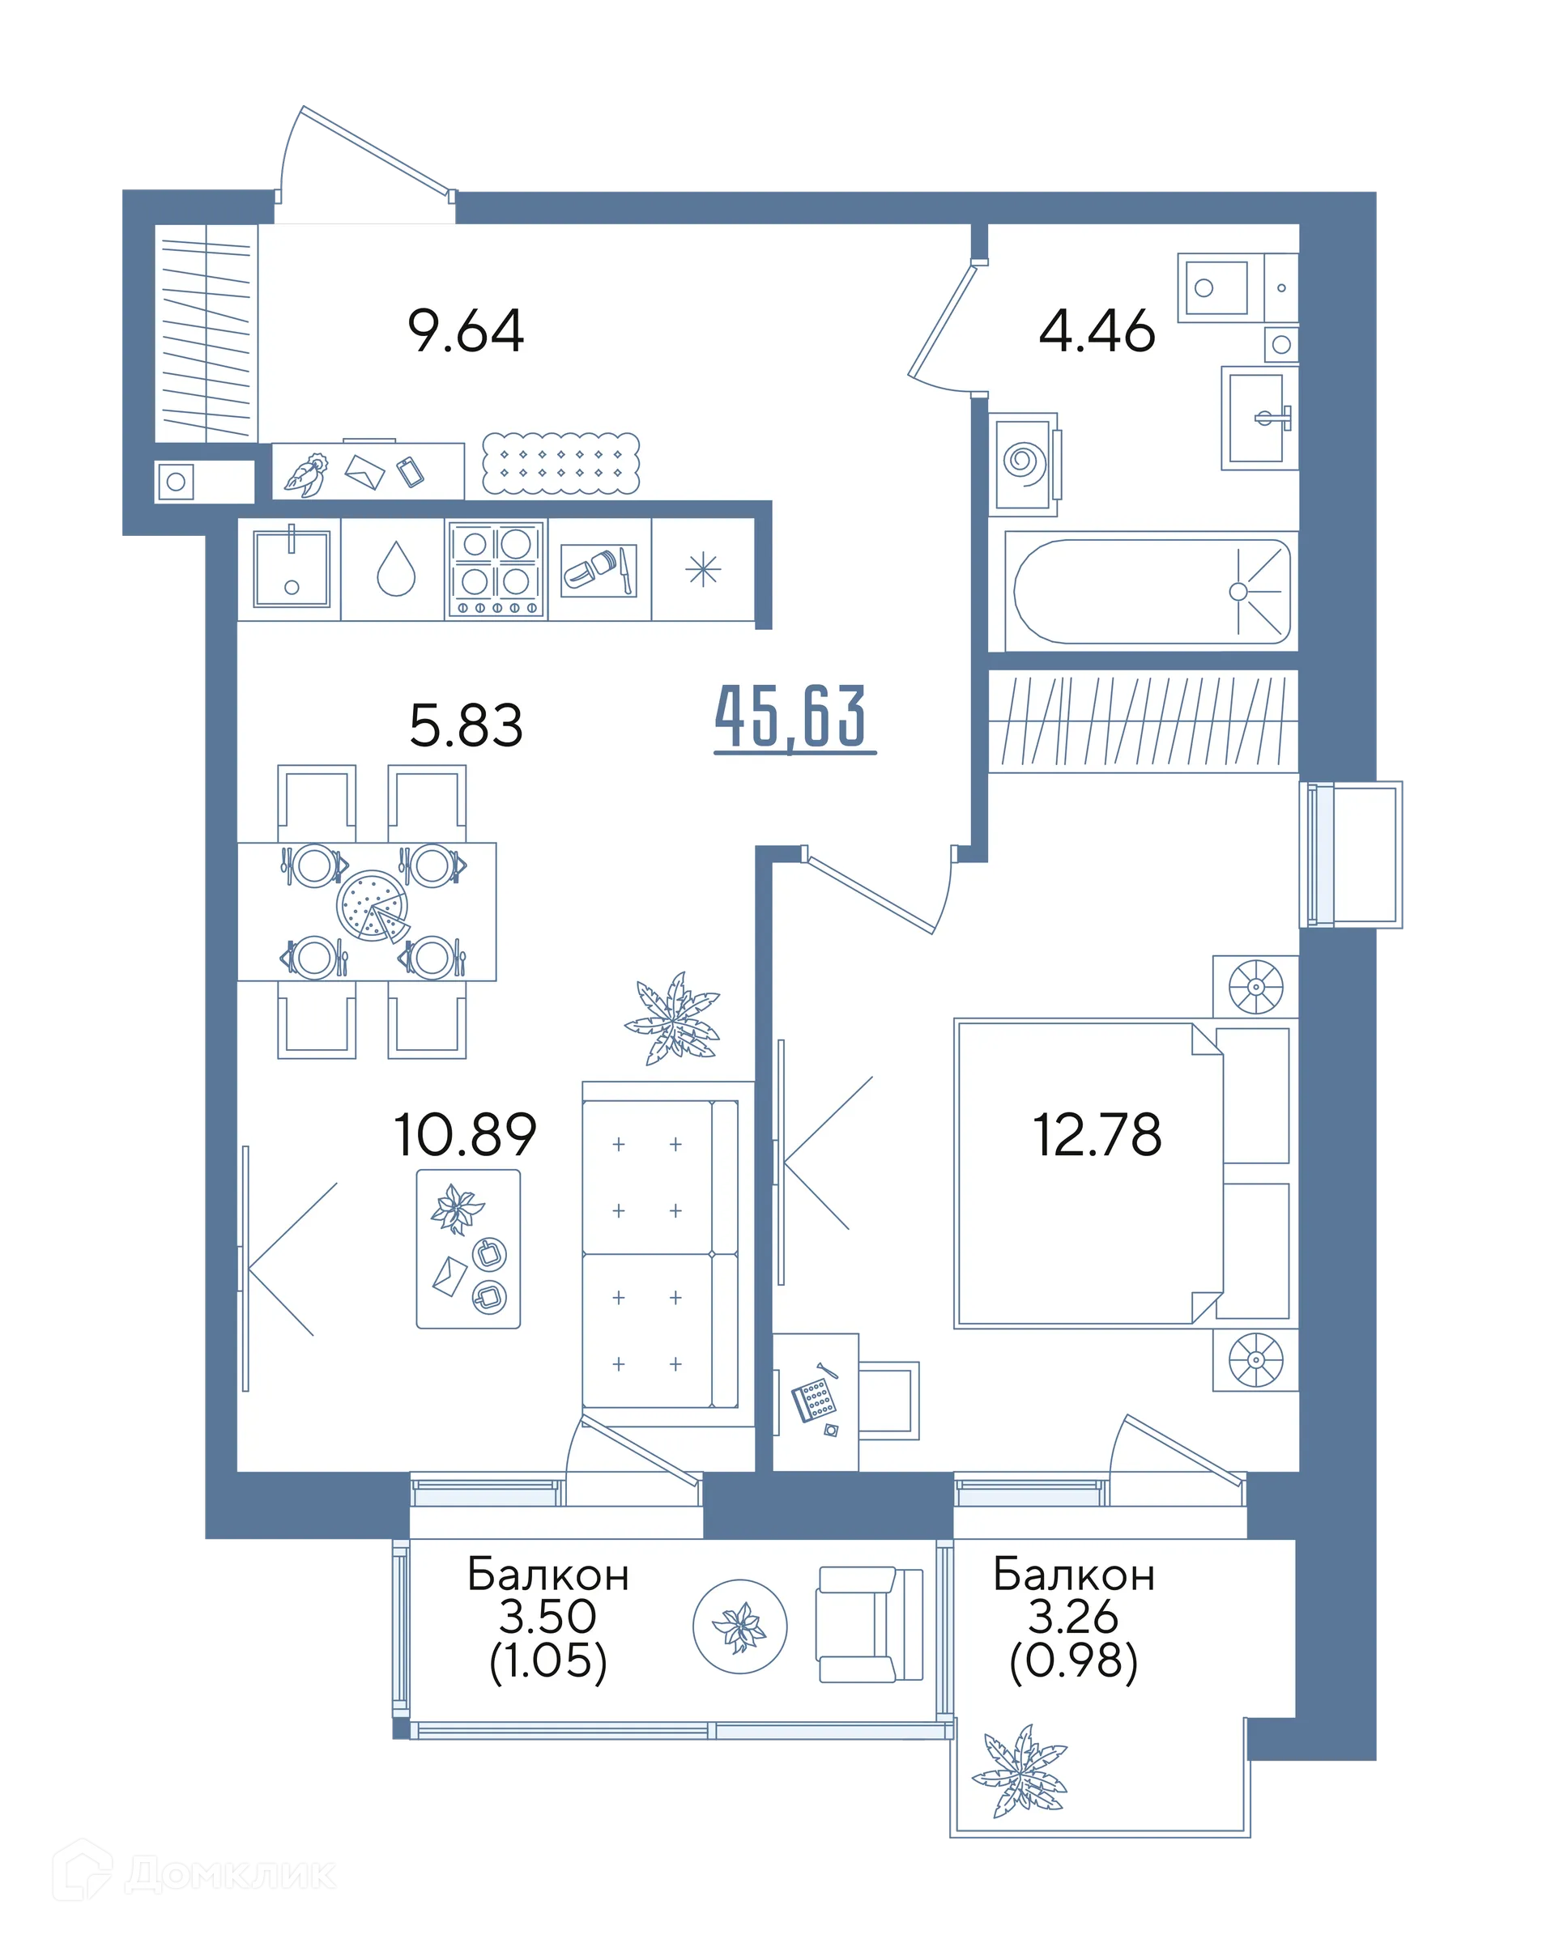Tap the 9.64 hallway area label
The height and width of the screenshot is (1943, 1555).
465,331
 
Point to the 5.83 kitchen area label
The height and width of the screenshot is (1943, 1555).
465,725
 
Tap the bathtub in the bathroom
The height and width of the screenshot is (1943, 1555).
1151,591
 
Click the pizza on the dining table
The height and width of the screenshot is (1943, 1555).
373,907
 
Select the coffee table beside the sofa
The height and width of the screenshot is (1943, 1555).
468,1249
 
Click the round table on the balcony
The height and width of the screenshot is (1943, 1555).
740,1626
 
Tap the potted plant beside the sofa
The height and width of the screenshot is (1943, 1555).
672,1018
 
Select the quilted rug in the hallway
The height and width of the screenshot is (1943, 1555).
560,463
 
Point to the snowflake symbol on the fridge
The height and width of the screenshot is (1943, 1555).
703,570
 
